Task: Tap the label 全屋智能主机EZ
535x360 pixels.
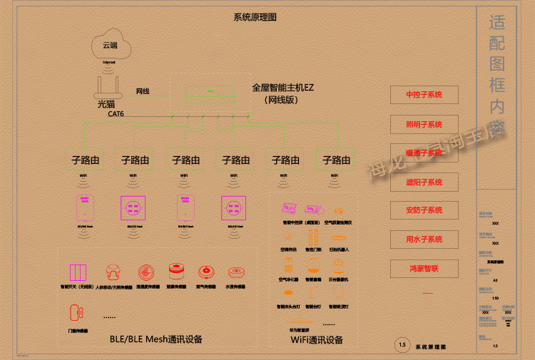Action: click(x=283, y=88)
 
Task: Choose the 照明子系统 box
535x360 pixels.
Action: click(x=424, y=124)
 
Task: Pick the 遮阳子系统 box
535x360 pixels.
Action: click(x=424, y=182)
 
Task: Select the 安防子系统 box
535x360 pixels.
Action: click(x=424, y=210)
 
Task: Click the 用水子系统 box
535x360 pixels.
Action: click(x=424, y=240)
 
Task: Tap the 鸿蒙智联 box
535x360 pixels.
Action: click(x=424, y=269)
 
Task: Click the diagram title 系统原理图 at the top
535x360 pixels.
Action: click(x=255, y=17)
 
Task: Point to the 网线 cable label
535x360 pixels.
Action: click(x=143, y=91)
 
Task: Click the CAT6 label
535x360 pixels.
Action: click(x=116, y=113)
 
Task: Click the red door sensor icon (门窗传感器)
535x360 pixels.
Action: click(x=74, y=312)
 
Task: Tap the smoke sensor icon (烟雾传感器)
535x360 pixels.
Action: click(x=175, y=271)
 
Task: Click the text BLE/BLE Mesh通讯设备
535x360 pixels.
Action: click(x=156, y=339)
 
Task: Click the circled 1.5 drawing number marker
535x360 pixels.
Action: click(x=402, y=345)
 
